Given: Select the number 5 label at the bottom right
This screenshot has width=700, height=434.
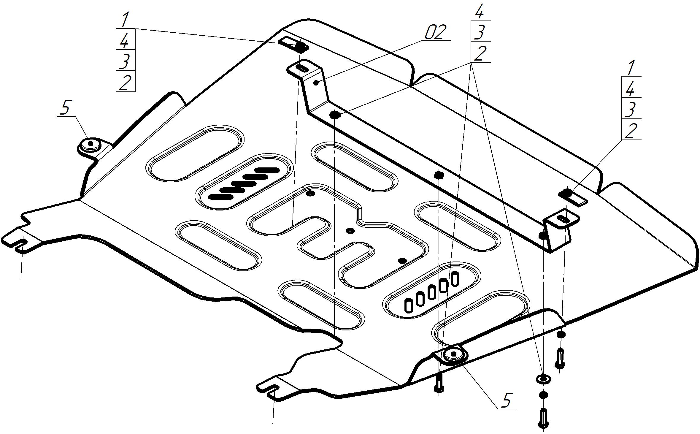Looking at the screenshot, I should (506, 400).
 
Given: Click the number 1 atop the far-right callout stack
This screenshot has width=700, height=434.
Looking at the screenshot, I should (631, 68).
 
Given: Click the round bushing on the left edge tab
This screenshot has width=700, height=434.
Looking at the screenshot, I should (90, 145).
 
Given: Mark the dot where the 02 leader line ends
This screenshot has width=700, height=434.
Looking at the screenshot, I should (317, 83).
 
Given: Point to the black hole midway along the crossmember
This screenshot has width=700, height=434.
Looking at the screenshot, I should (439, 175).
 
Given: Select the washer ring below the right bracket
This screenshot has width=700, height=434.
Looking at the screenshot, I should (543, 379).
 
